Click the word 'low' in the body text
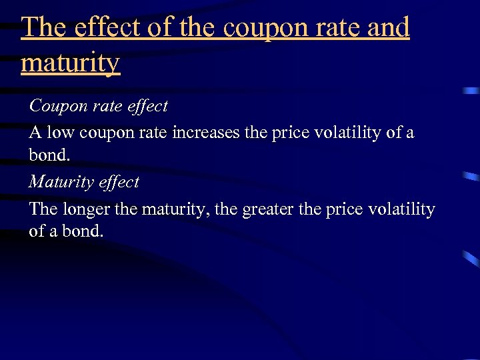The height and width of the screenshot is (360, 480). click(x=60, y=133)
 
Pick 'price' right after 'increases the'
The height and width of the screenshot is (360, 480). click(x=288, y=133)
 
